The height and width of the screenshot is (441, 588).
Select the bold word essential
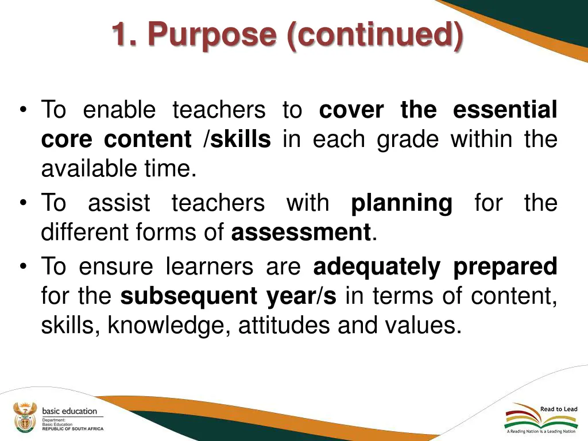505,110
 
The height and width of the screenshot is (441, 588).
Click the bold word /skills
237,140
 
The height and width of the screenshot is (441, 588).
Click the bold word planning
401,203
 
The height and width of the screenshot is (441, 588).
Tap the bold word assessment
301,233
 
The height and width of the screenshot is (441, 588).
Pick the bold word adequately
377,266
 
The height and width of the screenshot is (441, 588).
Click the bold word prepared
505,266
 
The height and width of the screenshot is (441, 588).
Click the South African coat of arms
24,417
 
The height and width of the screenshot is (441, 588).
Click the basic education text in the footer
69,411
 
